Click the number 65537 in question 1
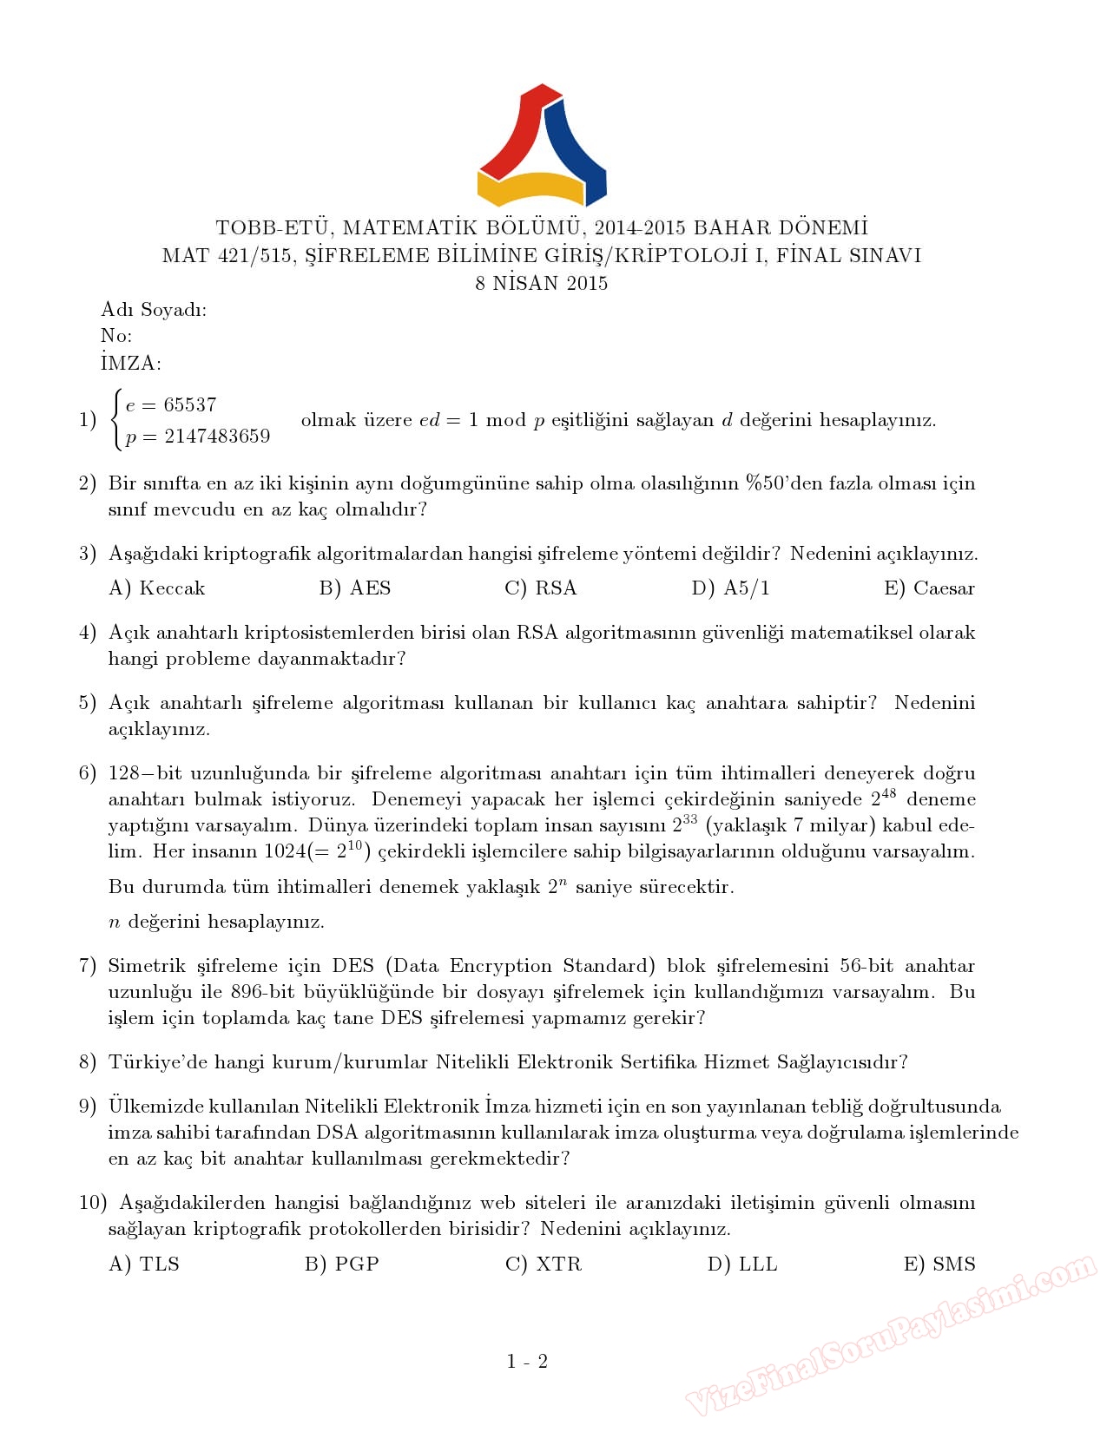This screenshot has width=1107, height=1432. point(190,405)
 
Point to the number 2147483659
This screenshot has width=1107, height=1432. point(217,437)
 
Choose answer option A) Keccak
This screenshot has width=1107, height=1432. point(157,588)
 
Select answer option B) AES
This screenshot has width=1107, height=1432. point(355,588)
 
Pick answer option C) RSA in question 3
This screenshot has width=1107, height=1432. point(541,588)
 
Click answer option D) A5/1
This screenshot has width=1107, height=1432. point(730,588)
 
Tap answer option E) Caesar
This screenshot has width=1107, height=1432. point(929,588)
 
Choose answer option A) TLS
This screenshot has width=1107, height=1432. point(144,1264)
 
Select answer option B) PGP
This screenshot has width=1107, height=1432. point(342,1264)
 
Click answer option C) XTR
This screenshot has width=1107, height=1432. point(544,1264)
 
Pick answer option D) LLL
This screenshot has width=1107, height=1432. point(742,1264)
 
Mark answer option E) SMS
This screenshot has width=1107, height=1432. point(939,1264)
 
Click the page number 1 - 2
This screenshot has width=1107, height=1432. point(527,1362)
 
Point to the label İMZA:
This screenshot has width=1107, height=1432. point(131,364)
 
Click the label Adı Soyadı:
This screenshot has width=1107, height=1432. point(154,311)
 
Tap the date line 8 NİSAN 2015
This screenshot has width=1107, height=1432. point(542,284)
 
